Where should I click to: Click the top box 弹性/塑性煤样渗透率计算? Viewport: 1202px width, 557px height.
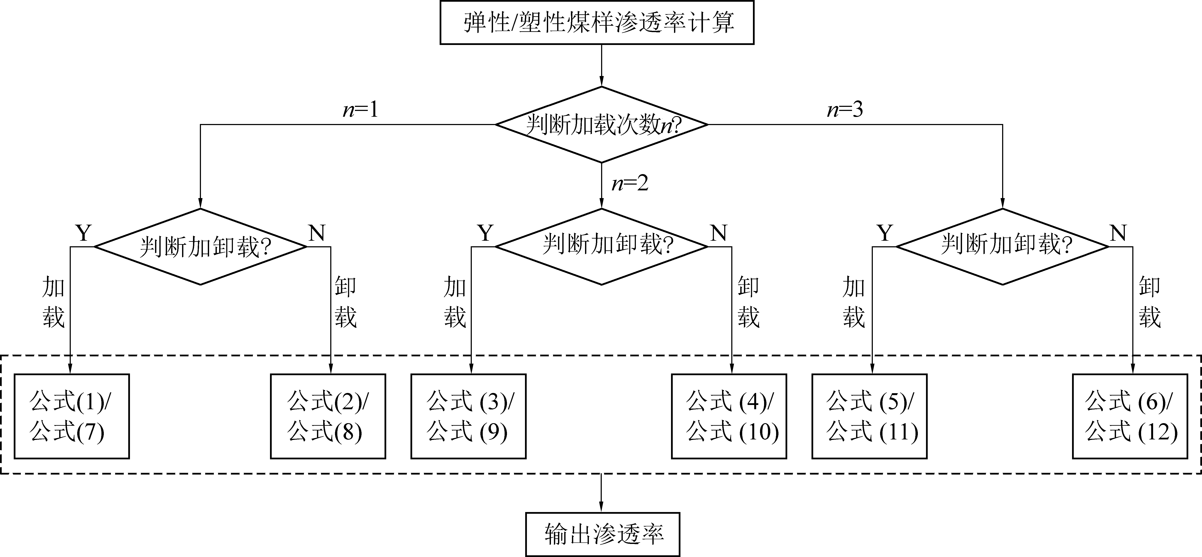(x=597, y=22)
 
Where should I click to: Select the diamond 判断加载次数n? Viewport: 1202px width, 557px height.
(x=602, y=124)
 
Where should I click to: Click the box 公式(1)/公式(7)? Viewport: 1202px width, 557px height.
(x=71, y=416)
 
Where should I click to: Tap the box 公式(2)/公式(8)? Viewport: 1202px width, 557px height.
(x=328, y=416)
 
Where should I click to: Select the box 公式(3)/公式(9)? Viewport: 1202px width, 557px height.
(x=469, y=416)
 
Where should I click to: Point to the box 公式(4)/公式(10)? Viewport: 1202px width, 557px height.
(x=729, y=416)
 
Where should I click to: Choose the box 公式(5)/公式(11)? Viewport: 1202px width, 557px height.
(x=869, y=416)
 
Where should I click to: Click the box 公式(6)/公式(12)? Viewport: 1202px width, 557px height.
(x=1130, y=416)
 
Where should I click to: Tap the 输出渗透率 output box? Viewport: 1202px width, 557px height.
(x=602, y=534)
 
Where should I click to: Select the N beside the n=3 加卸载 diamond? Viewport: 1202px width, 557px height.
(x=1118, y=233)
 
